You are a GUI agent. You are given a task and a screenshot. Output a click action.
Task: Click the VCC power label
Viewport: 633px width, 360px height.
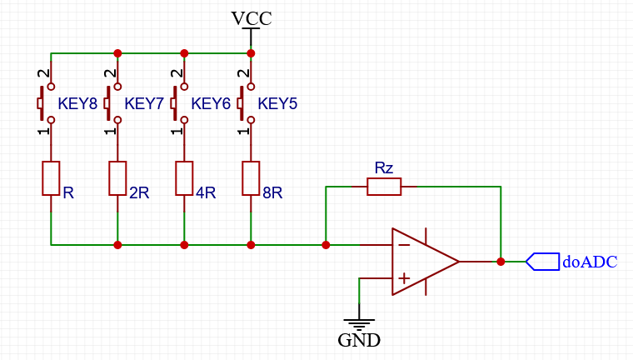251,18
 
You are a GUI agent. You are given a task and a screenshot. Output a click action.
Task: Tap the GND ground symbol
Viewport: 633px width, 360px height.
359,323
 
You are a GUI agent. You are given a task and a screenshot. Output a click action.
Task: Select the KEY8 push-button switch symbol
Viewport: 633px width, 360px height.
46,103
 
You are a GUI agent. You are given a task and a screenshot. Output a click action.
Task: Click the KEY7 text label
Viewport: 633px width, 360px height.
144,104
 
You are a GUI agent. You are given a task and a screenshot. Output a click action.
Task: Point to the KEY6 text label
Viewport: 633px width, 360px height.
211,104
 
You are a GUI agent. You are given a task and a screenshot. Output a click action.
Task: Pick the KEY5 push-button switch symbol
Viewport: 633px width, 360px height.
246,103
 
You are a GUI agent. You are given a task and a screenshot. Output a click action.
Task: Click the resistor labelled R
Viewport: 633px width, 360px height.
51,178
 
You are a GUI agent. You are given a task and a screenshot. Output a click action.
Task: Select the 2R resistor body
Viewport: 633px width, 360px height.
117,178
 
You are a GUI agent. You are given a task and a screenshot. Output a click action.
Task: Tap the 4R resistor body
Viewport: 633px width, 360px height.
184,178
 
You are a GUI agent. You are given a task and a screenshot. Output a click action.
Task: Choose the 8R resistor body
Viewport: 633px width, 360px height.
251,178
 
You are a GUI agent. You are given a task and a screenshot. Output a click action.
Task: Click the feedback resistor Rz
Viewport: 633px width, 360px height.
384,187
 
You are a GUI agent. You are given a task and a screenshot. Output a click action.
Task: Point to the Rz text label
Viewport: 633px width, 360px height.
383,167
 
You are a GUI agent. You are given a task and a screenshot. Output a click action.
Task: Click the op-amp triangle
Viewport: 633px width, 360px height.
426,262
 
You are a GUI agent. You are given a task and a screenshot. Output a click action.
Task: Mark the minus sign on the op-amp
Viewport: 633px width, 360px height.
404,245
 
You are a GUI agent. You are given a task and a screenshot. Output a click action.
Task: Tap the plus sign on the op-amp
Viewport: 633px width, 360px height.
404,278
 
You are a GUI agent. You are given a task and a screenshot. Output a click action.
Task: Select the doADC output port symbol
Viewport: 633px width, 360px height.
542,262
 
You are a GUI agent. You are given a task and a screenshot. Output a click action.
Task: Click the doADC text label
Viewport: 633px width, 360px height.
590,262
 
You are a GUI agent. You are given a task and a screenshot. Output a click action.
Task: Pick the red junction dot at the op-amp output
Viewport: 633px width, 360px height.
501,262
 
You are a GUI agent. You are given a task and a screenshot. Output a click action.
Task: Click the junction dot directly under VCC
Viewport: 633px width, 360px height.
251,53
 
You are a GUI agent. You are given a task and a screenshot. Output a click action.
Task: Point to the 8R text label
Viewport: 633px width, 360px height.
272,193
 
